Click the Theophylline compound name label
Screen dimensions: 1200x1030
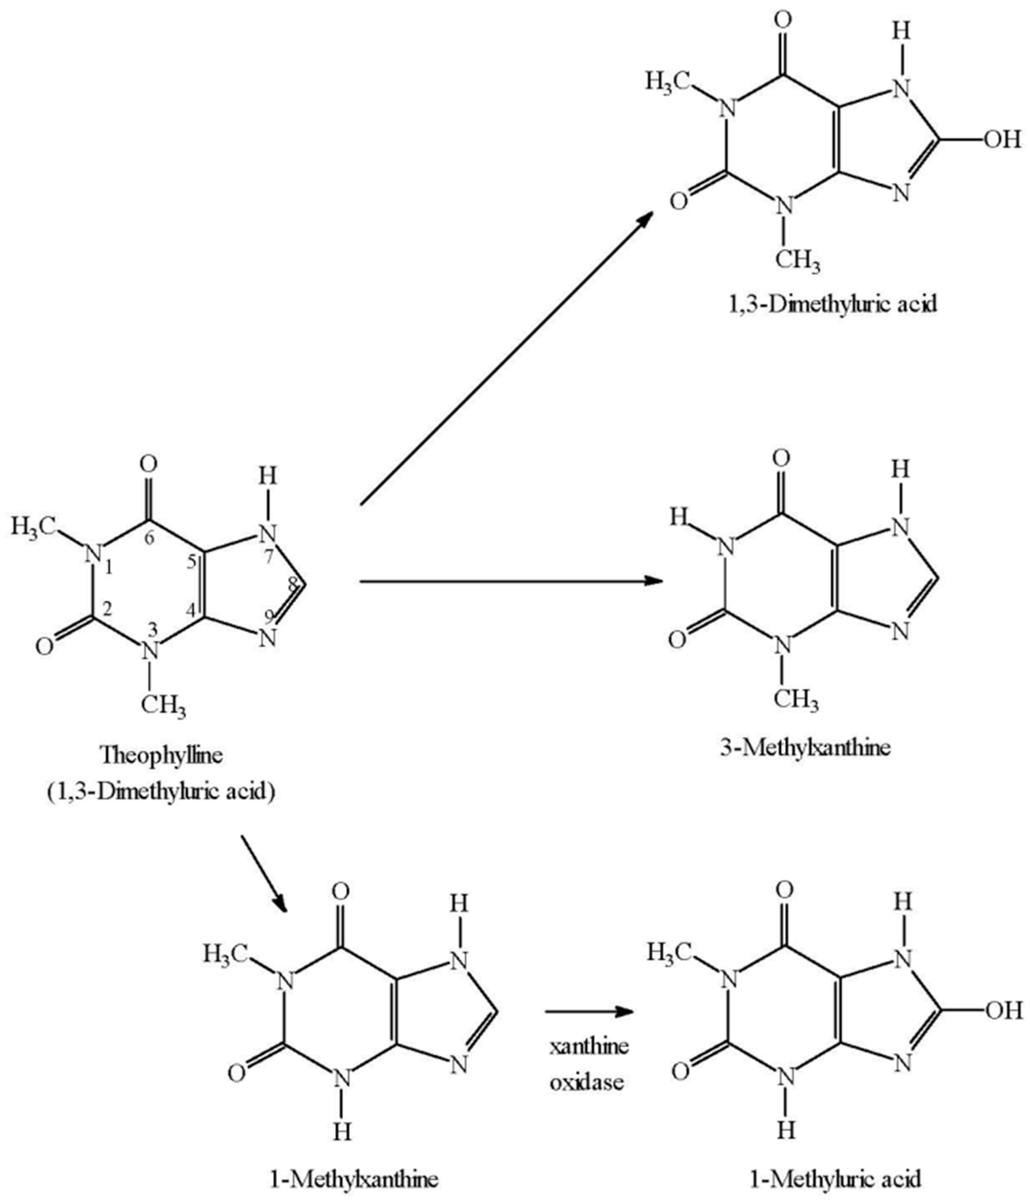[x=161, y=755]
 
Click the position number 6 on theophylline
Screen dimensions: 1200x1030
[x=149, y=538]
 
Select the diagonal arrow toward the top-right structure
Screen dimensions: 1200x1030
[x=506, y=359]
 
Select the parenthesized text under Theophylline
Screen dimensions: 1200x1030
[x=161, y=791]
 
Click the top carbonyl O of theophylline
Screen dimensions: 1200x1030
[x=149, y=464]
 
